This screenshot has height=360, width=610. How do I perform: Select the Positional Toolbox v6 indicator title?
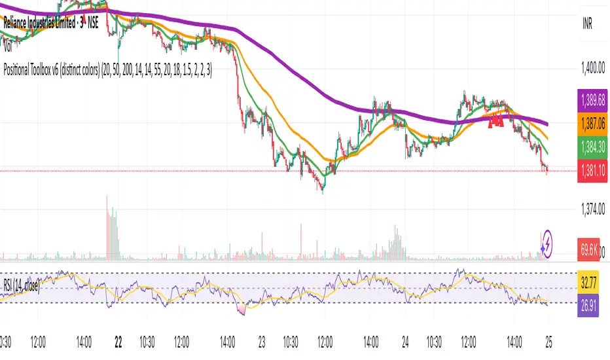pyautogui.click(x=108, y=66)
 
